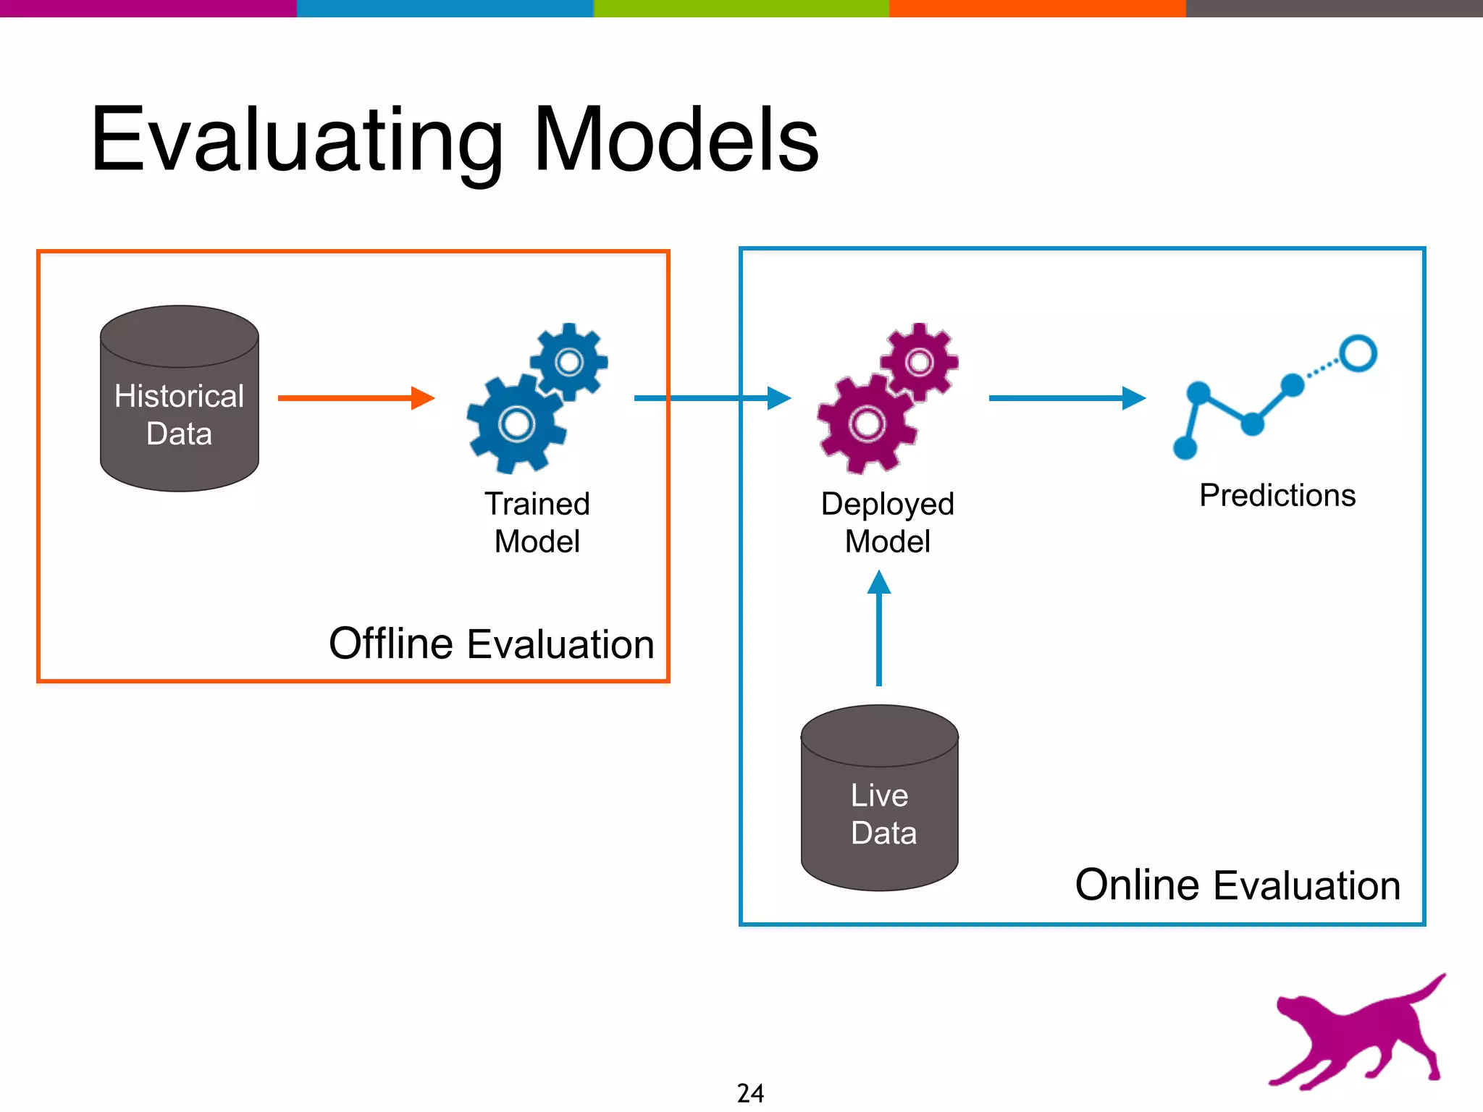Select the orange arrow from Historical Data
click(x=355, y=397)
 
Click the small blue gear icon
click(x=569, y=361)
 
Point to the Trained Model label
click(x=537, y=522)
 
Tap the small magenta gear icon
click(x=920, y=361)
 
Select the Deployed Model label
click(x=887, y=522)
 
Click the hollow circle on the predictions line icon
click(x=1358, y=353)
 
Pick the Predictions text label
click(x=1277, y=496)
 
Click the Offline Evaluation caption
click(x=491, y=644)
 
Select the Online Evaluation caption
click(x=1238, y=885)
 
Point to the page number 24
click(x=750, y=1092)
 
